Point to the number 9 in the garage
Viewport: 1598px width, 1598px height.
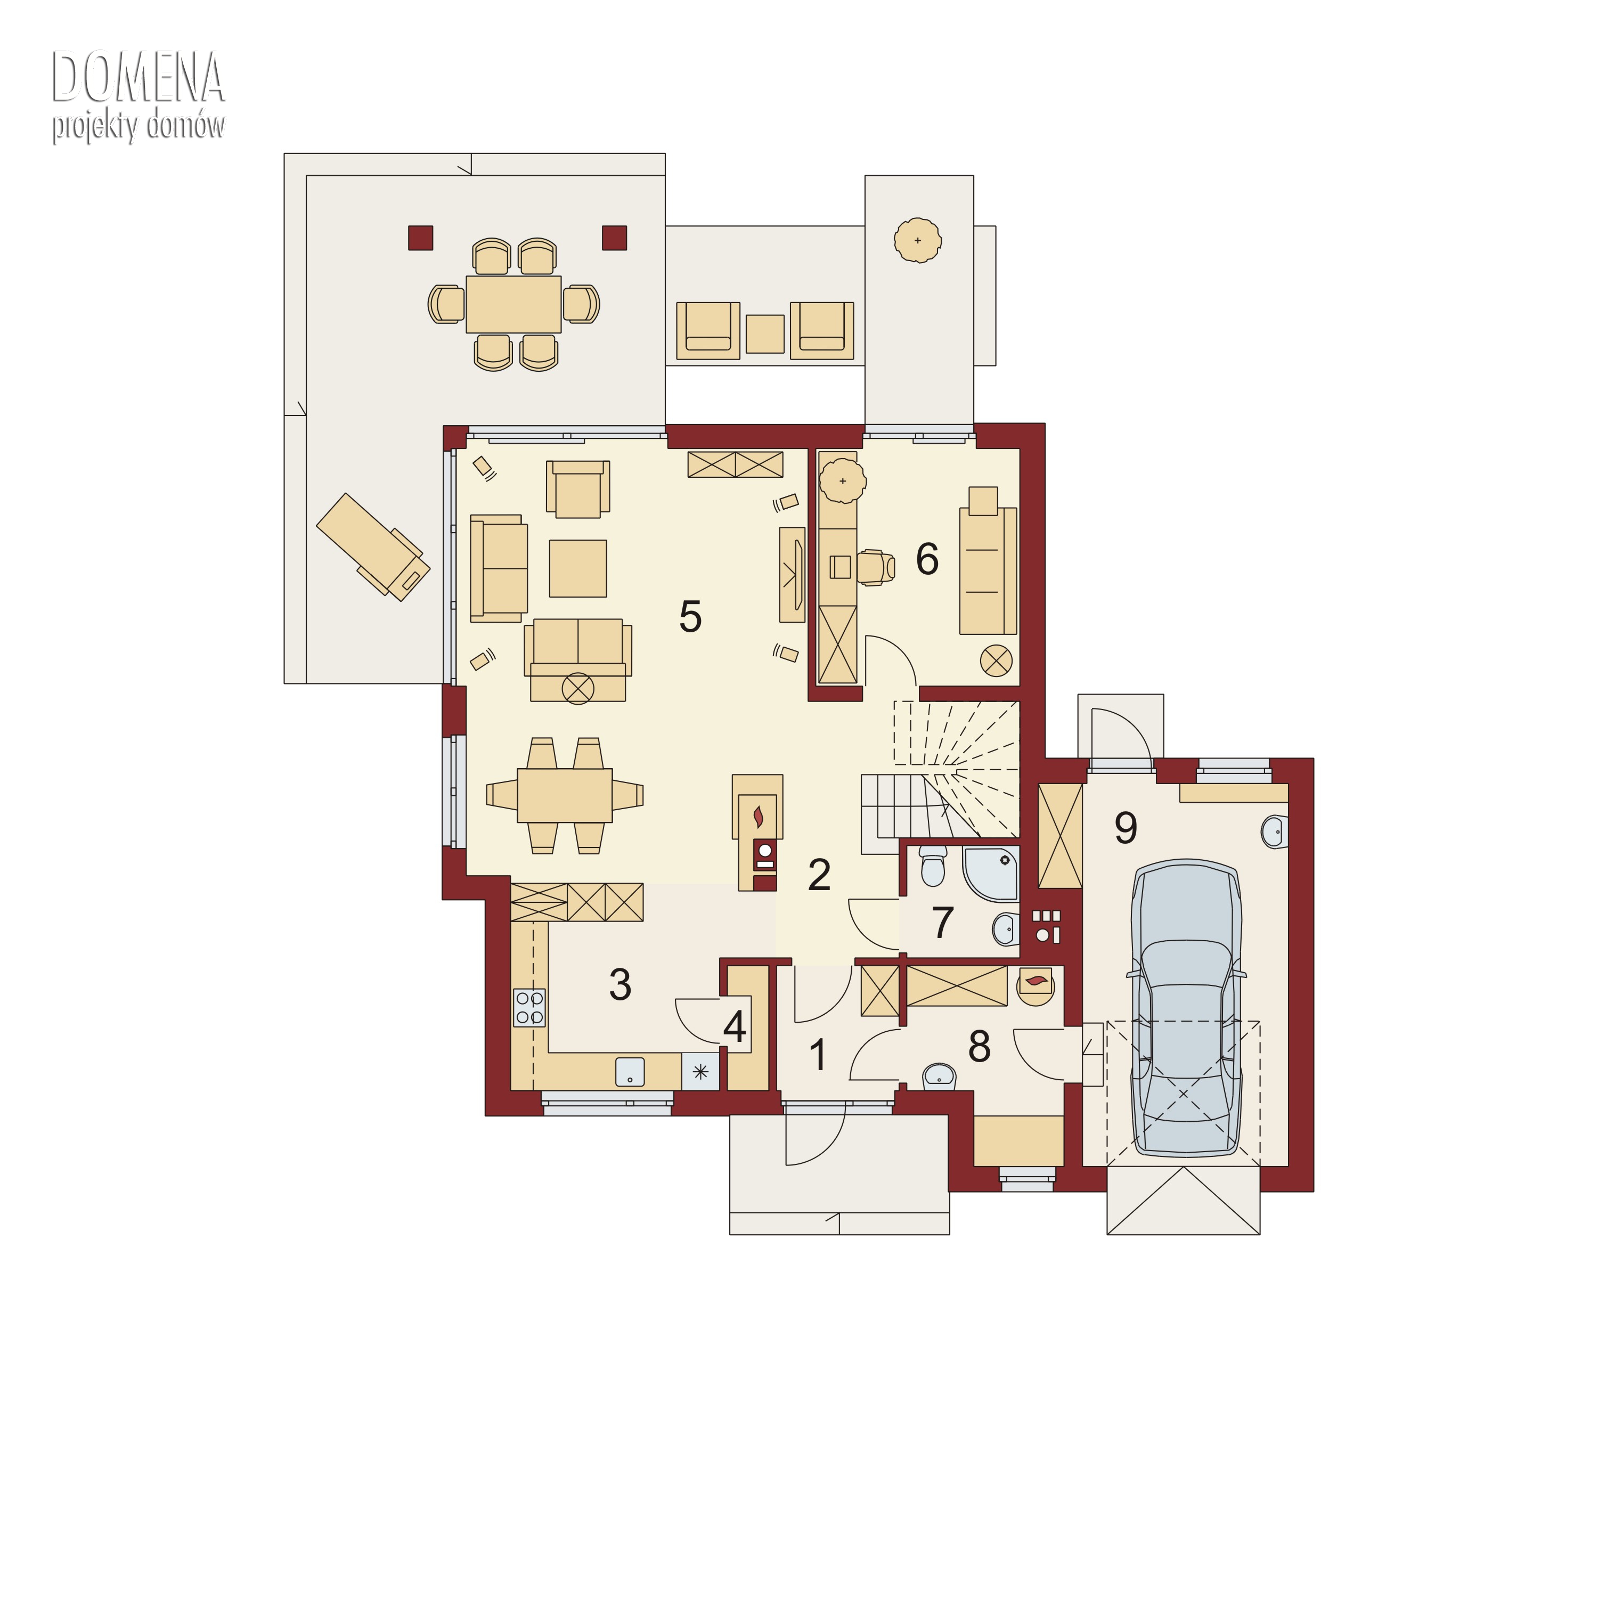1126,827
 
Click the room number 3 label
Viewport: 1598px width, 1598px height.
621,984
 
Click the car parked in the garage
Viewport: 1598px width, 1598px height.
1186,1007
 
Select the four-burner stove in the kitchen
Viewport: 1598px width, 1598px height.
529,1007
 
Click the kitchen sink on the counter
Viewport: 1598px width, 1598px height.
630,1071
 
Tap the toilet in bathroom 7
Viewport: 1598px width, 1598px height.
932,865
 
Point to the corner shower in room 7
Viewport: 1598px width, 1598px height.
991,873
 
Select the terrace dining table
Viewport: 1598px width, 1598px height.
513,304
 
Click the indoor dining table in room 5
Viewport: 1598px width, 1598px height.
565,795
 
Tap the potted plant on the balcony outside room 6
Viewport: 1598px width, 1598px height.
918,240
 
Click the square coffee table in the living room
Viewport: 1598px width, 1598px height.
577,568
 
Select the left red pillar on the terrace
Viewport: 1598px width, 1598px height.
421,238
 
